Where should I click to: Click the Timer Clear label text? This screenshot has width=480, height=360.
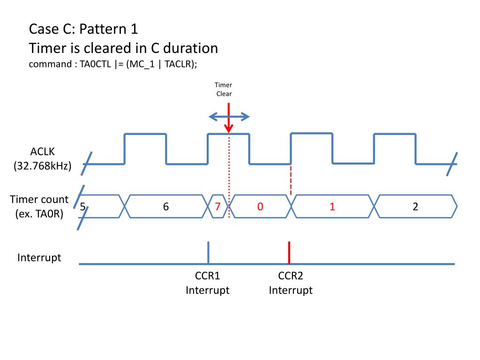point(224,89)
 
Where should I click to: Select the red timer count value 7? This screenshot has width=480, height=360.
point(217,206)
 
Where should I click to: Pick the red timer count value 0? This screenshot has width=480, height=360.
point(259,206)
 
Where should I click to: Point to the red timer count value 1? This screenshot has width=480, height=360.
point(332,206)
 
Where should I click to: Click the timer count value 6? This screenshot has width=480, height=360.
point(166,206)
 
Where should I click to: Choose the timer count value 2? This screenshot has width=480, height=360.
point(415,206)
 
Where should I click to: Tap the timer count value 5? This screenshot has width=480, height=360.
point(82,206)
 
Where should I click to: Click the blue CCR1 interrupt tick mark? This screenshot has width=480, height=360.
point(208,252)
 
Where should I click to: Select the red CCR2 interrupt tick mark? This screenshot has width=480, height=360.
point(289,252)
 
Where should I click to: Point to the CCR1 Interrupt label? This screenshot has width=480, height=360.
point(208,283)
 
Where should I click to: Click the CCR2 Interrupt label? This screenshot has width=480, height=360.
point(291,283)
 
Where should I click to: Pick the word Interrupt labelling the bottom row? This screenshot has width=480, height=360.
point(39,258)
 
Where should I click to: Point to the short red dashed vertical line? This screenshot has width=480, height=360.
point(291,180)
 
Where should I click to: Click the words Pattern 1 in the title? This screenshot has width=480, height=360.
point(109,29)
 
